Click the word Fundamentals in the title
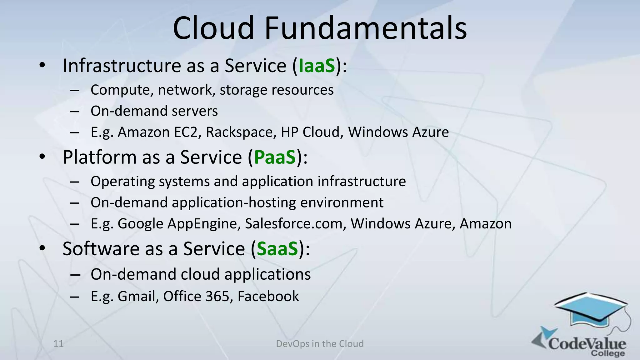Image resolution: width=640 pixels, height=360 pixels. [x=366, y=28]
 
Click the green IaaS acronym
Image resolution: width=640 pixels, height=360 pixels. [x=317, y=66]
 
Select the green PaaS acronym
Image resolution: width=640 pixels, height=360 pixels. [x=275, y=157]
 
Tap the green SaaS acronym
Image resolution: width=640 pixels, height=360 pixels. [x=277, y=249]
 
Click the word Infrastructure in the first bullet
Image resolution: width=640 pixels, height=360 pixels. [x=122, y=66]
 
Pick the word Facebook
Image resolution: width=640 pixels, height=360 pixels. [x=268, y=296]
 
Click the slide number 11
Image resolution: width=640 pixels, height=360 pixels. [x=58, y=344]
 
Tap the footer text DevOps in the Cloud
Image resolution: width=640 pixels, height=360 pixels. [x=320, y=344]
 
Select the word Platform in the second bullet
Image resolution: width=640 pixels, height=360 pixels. [x=99, y=157]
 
